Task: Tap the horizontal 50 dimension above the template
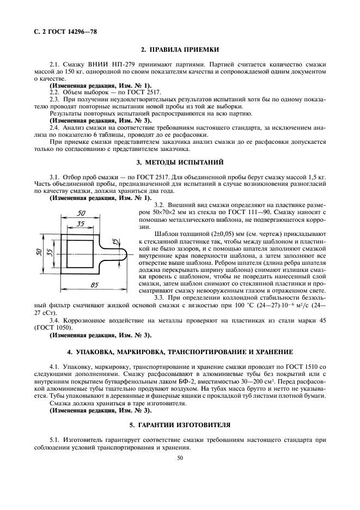(82, 213)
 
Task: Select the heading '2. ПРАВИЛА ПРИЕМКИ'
(180, 50)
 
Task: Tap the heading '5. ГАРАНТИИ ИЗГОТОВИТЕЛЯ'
(180, 423)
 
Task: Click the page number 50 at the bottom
(180, 459)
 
